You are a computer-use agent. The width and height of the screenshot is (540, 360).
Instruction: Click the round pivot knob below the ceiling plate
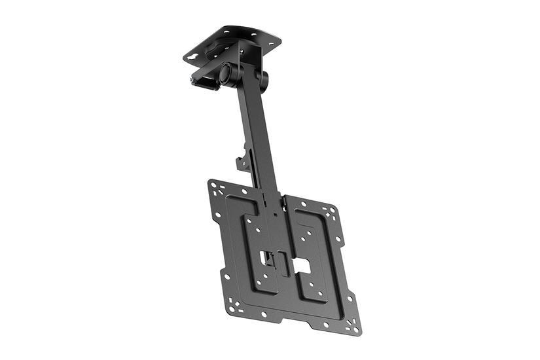pyautogui.click(x=226, y=73)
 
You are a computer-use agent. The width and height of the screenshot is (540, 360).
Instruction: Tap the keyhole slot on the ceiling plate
pyautogui.click(x=190, y=58)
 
